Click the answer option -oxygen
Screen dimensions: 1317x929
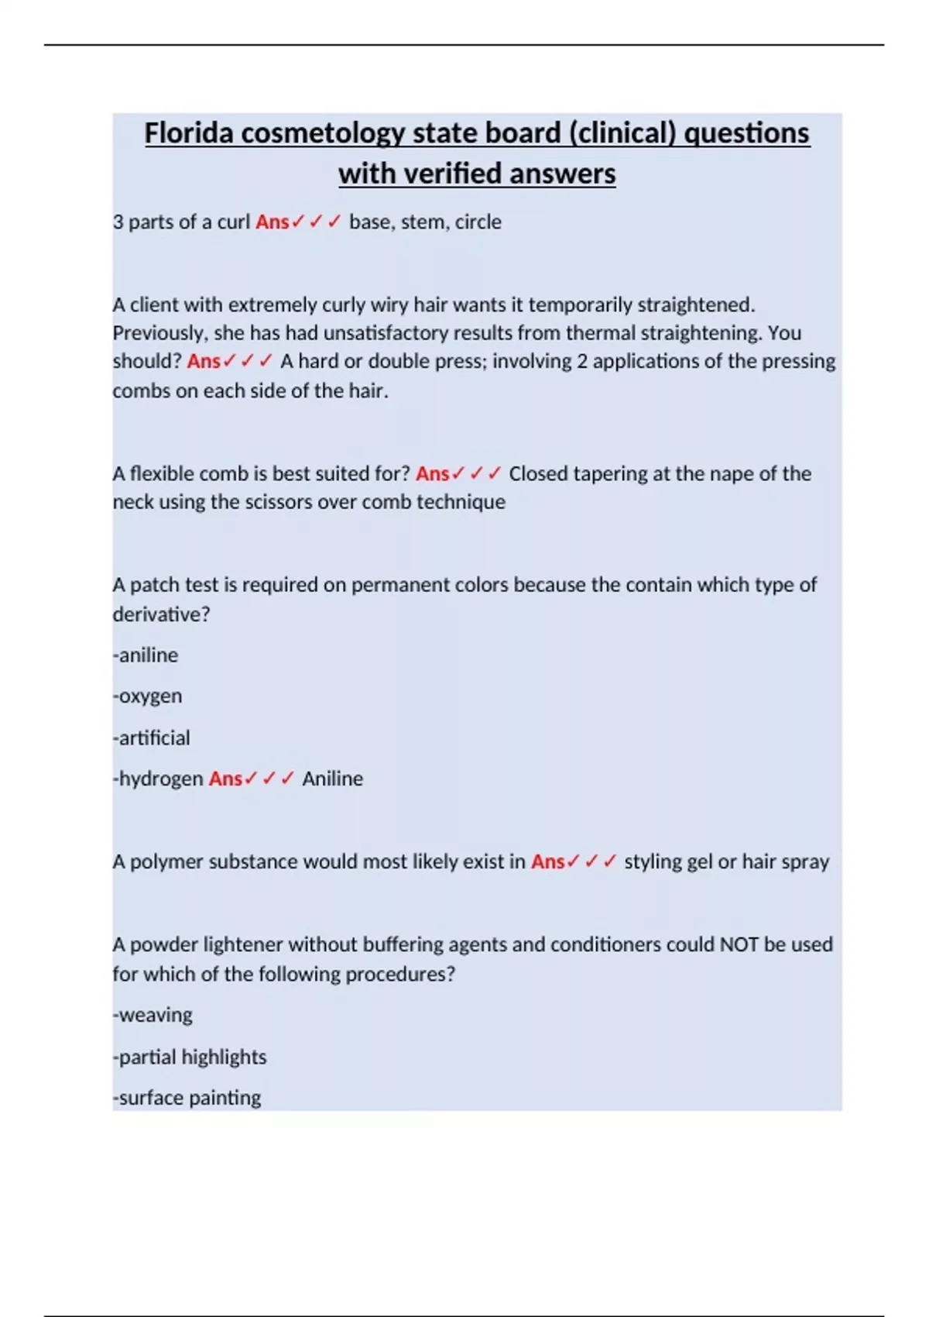point(147,696)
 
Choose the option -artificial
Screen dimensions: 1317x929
point(151,738)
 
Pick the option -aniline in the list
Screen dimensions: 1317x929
point(146,655)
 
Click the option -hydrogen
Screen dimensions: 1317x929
point(158,779)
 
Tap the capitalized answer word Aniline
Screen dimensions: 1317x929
point(332,779)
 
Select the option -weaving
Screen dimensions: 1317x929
point(153,1015)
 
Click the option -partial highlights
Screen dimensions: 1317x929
point(190,1057)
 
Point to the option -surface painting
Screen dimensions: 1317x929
point(187,1098)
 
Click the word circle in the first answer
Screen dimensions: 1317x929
point(478,222)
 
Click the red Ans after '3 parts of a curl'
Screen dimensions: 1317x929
point(273,222)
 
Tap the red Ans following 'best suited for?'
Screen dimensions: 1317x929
point(433,473)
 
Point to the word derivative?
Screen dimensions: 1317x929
point(161,614)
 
